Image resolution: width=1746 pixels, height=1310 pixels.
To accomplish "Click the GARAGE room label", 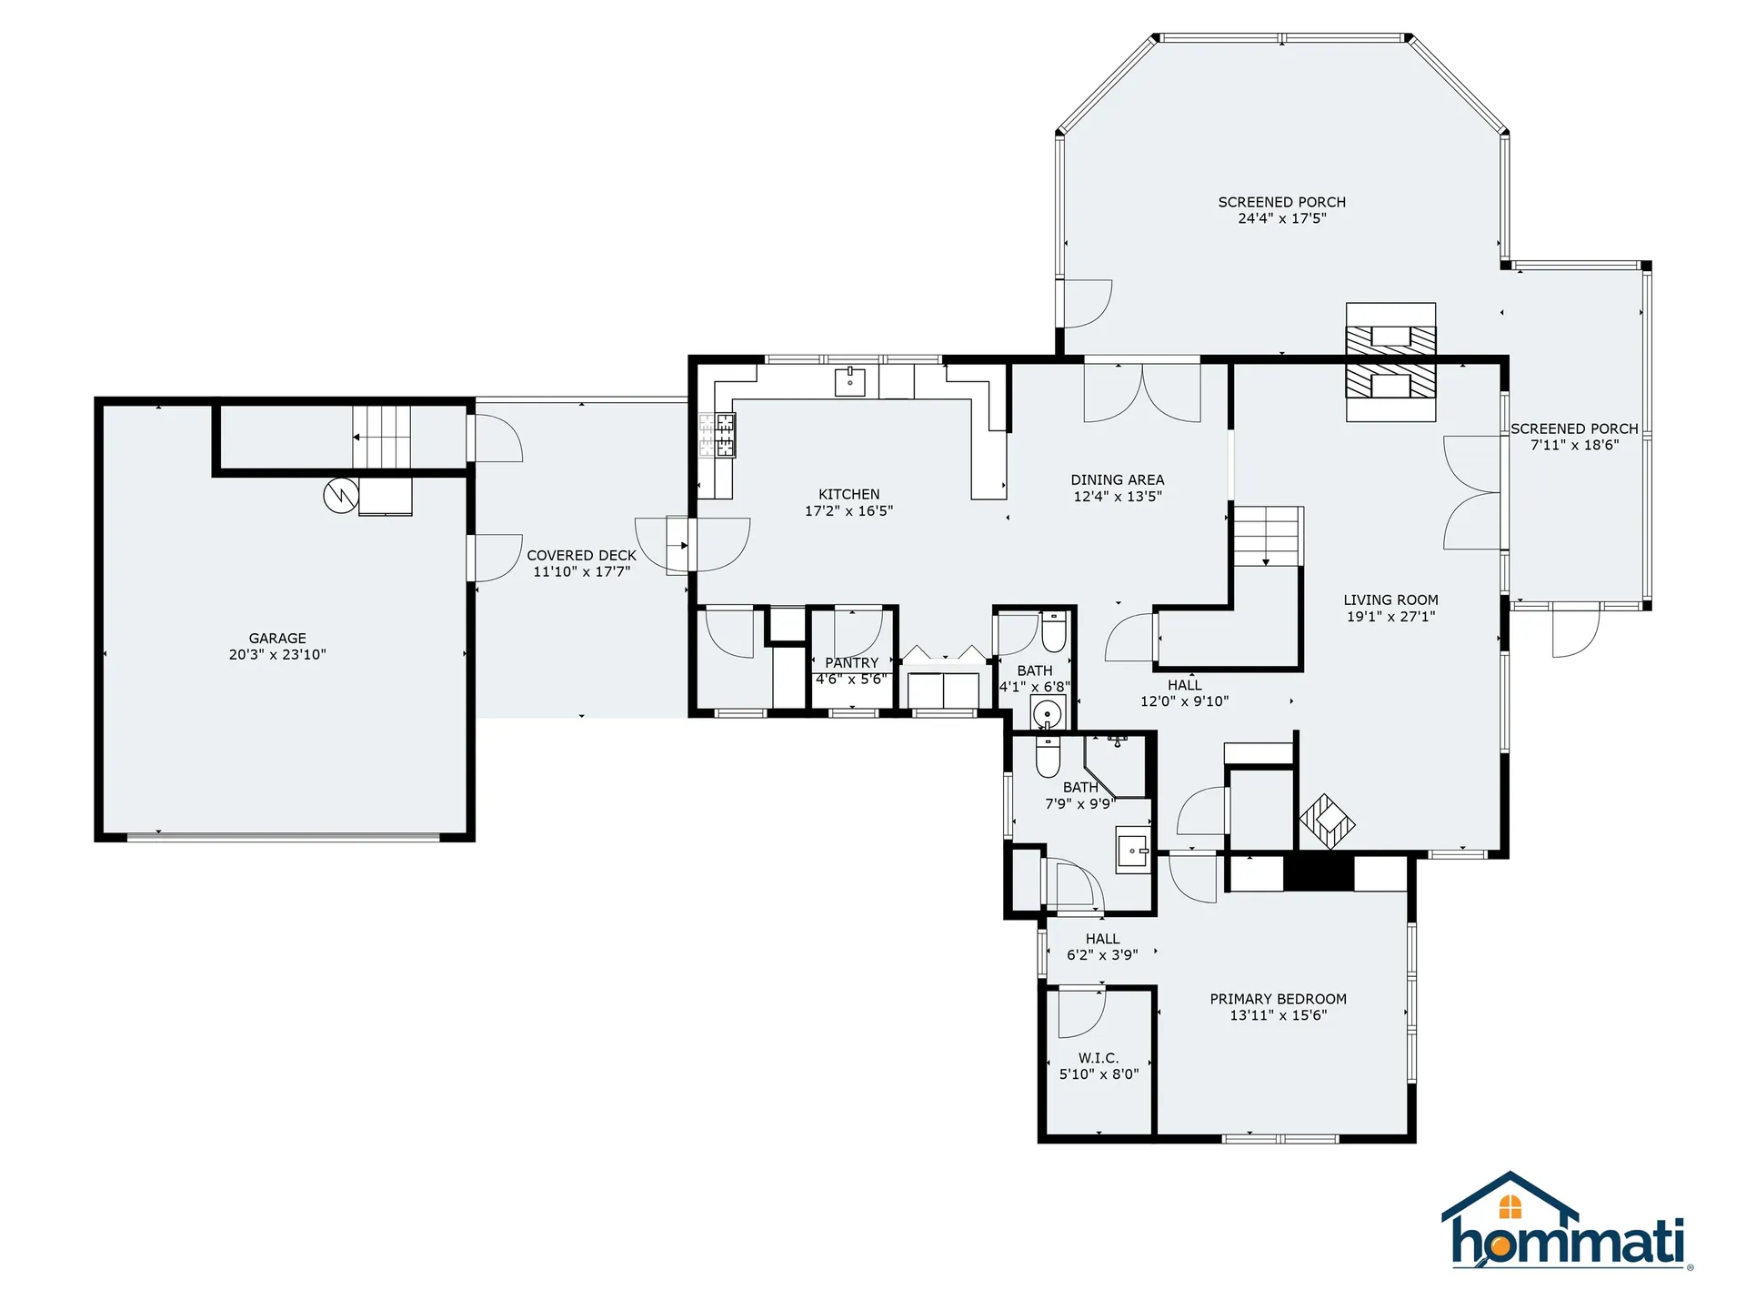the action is click(277, 639).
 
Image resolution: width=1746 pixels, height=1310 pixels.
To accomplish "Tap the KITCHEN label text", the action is click(849, 495).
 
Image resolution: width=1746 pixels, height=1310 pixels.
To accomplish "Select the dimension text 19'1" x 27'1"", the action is click(1391, 617).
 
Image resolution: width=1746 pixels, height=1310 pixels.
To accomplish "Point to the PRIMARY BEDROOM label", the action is click(1279, 999).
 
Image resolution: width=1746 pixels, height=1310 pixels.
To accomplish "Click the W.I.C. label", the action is click(1099, 1058).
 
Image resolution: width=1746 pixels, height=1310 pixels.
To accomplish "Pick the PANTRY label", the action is click(852, 663).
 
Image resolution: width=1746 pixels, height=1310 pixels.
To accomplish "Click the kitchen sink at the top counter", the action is click(850, 382).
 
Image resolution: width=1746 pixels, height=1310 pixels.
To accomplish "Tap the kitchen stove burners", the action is click(717, 435).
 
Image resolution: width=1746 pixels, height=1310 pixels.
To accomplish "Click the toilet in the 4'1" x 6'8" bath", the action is click(1054, 632).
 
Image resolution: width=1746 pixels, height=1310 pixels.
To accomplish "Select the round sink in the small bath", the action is click(1049, 712).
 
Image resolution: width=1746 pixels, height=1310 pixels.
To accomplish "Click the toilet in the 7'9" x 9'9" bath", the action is click(1049, 756).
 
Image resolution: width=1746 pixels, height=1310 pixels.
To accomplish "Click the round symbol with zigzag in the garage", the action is click(341, 495).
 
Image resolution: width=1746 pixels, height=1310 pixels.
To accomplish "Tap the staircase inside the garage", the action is click(382, 437).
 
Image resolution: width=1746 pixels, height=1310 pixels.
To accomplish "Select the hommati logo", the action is click(1566, 1220).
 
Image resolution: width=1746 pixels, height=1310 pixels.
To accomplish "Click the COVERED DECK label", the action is click(582, 556).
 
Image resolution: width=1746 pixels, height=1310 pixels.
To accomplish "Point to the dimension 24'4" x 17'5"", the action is click(1282, 218).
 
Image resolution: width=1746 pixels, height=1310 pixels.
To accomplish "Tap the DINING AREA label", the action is click(1118, 480).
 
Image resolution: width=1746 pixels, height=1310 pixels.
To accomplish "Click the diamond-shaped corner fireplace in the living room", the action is click(1327, 821).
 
